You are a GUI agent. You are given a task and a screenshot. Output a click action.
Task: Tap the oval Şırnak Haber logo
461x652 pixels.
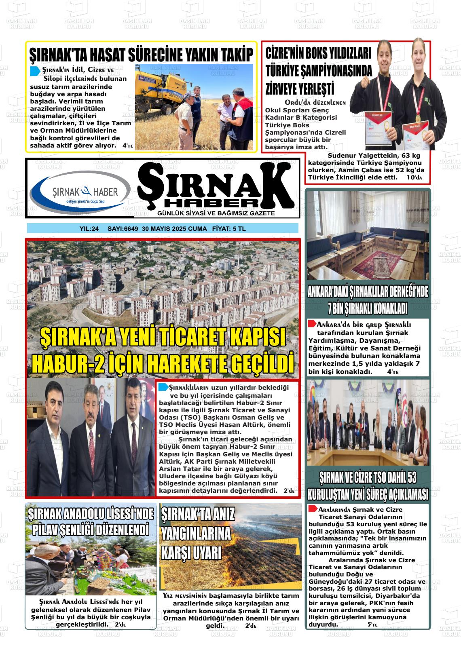pos(80,192)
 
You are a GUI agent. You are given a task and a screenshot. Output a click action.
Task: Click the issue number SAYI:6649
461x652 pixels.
pos(123,229)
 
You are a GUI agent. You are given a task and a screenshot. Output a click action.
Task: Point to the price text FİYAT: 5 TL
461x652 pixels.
pos(228,229)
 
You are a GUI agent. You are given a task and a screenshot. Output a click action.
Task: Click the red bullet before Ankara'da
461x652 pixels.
pos(312,324)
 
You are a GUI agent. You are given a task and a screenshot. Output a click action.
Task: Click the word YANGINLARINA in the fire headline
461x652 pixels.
pos(196,534)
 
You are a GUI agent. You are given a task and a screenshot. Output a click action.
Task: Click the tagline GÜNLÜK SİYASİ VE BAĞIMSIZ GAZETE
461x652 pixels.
pos(216,213)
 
